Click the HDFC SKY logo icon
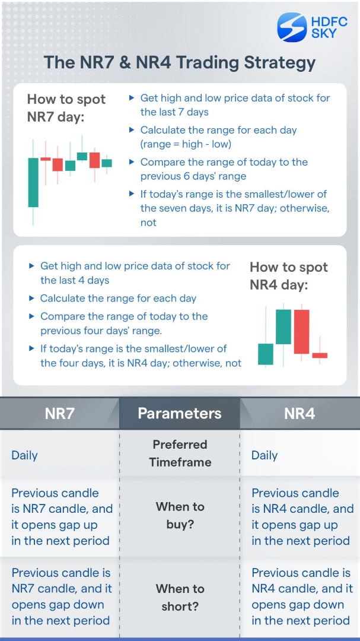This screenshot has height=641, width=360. click(x=292, y=27)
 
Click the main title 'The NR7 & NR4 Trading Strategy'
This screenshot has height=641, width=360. click(x=180, y=62)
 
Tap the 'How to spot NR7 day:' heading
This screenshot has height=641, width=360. click(x=66, y=107)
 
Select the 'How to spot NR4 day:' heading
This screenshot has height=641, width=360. click(x=289, y=276)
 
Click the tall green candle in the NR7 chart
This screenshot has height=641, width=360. click(x=33, y=182)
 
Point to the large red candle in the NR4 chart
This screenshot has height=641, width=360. click(x=302, y=331)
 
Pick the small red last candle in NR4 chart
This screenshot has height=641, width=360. click(x=320, y=355)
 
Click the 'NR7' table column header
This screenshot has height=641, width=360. click(x=59, y=413)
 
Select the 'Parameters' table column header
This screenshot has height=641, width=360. click(x=180, y=413)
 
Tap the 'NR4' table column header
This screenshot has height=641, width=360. click(x=300, y=413)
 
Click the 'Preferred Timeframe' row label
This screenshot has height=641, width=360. click(x=180, y=453)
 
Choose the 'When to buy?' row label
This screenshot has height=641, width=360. click(x=180, y=515)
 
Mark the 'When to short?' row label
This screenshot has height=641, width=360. click(x=180, y=597)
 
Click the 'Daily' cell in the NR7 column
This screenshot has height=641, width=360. click(x=24, y=455)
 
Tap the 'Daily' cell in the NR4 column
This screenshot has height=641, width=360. click(x=265, y=455)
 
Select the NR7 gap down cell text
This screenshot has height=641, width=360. click(x=61, y=596)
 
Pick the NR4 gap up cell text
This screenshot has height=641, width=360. click(x=302, y=516)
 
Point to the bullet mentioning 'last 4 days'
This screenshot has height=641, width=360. click(x=135, y=273)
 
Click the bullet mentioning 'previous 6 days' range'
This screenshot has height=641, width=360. click(x=224, y=169)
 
